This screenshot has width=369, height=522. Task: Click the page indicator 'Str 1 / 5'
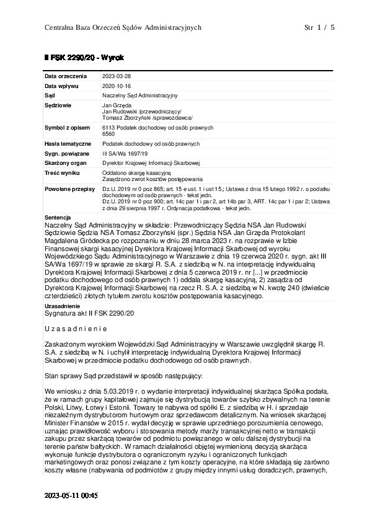(x=319, y=28)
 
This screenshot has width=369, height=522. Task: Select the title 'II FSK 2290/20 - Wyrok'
(x=79, y=58)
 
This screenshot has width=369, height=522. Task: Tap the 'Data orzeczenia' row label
(x=63, y=76)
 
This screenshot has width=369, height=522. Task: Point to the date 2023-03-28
(x=117, y=76)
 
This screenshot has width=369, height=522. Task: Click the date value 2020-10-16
(x=117, y=86)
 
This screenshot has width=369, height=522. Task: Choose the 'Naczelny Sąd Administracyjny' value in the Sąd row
(x=140, y=95)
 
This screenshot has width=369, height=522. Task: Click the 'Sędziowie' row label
(x=58, y=106)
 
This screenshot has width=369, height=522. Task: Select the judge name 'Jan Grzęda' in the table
(x=116, y=106)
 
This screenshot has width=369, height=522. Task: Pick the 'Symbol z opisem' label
(x=66, y=126)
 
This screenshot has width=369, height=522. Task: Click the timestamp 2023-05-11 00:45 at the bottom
(x=71, y=496)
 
